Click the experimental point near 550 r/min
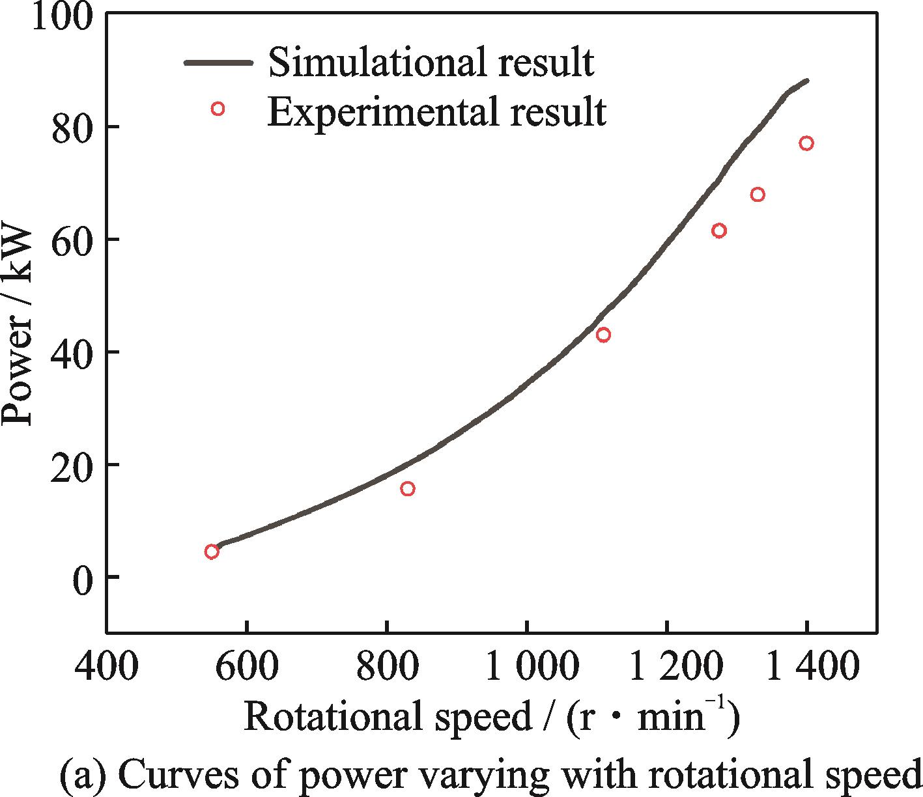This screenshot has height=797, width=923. click(211, 552)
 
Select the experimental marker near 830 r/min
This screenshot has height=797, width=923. click(408, 488)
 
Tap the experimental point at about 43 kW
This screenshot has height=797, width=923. click(603, 335)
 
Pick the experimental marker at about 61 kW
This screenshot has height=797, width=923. click(719, 231)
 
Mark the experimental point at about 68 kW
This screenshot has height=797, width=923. click(758, 194)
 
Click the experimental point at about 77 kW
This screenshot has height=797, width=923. click(806, 143)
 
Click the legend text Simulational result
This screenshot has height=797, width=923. click(431, 63)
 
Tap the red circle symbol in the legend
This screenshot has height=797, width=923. click(218, 109)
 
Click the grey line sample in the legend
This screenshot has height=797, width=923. click(218, 63)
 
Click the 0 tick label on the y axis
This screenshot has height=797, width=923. click(82, 578)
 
